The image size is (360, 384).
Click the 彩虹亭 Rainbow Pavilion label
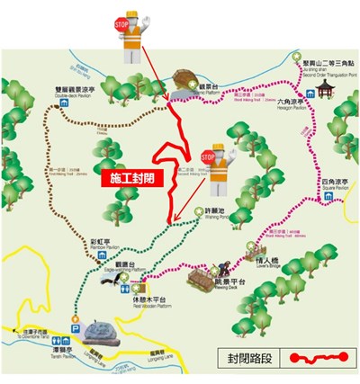[100, 245]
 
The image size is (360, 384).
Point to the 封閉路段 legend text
[246, 357]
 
